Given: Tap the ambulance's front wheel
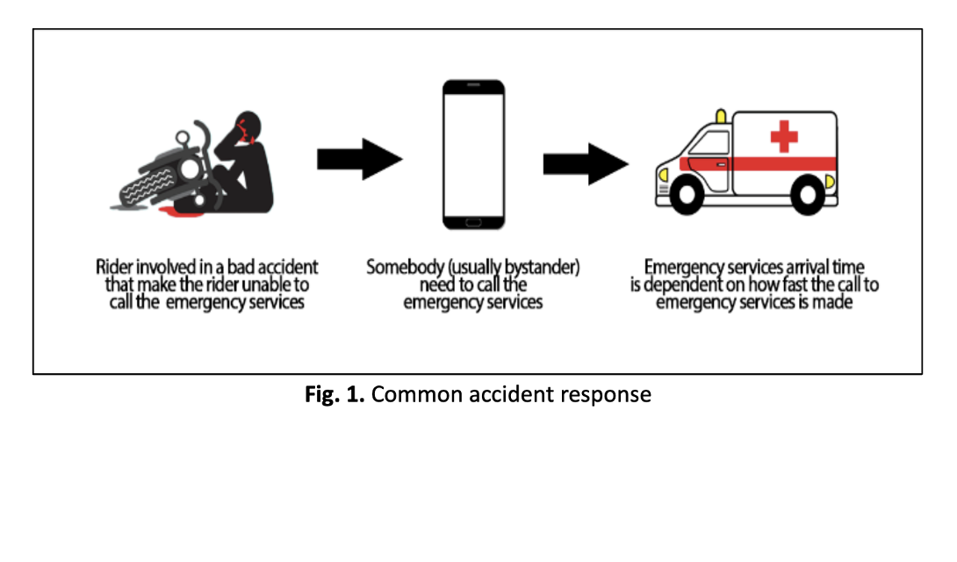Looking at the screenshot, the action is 687,195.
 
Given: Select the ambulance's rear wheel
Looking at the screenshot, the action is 808,195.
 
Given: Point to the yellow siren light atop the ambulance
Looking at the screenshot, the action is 722,116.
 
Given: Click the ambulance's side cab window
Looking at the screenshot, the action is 709,143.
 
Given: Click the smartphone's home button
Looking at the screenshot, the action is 473,222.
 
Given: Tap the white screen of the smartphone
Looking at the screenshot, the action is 473,155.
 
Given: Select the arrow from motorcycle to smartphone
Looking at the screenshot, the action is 359,159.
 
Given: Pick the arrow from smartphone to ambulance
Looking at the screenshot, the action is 586,164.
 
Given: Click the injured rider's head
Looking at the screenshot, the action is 248,126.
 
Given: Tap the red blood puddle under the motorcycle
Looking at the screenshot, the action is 181,213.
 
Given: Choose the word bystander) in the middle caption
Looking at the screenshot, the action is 542,267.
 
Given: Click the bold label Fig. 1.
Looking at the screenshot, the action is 335,394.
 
